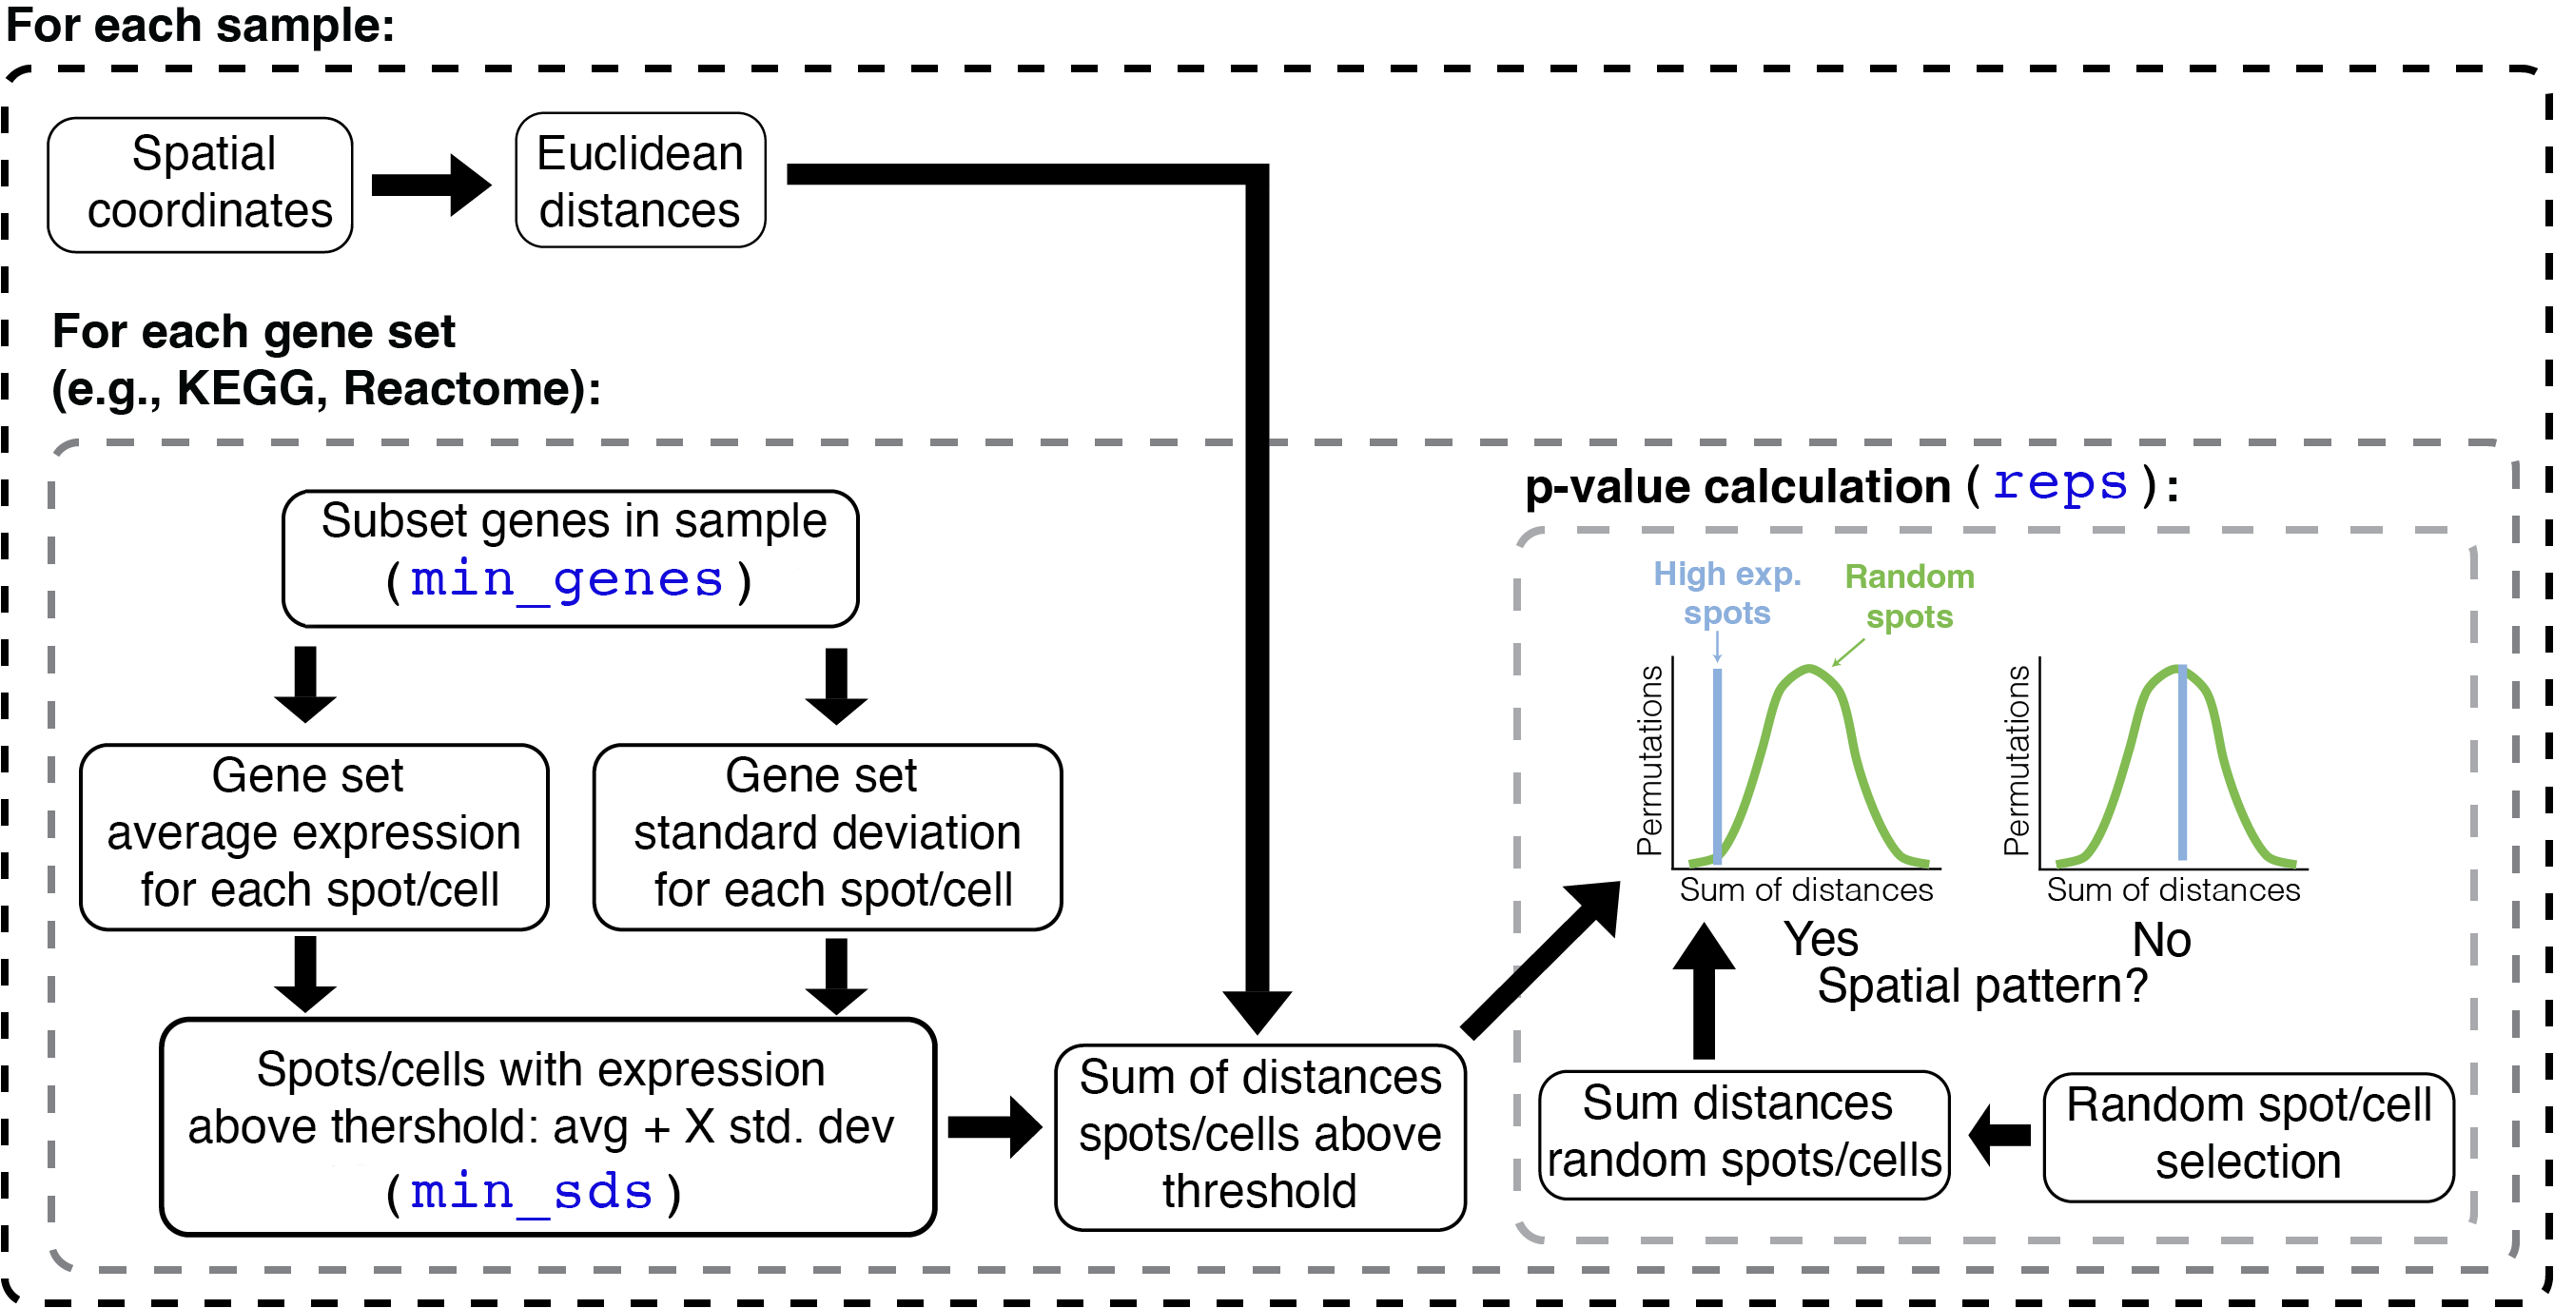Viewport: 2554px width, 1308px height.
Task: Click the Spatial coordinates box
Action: tap(201, 185)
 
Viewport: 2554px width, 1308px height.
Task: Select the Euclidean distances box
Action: tap(640, 181)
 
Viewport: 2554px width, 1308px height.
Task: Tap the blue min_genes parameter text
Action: tap(567, 580)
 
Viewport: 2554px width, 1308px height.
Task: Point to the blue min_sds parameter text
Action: tap(533, 1192)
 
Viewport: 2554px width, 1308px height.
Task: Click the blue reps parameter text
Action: tap(2060, 484)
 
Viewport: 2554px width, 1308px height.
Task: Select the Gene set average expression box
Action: tap(313, 836)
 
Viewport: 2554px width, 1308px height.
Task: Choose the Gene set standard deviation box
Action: tap(827, 836)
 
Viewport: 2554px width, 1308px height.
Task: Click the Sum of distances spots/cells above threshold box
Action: tap(1259, 1137)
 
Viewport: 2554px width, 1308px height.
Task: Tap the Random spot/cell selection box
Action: tap(2248, 1137)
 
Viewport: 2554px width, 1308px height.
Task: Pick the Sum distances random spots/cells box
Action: tap(1744, 1135)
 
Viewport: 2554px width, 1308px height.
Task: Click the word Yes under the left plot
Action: tap(1821, 939)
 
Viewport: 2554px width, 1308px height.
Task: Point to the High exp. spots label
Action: tap(1727, 593)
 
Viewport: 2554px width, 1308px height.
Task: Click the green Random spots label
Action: tap(1909, 596)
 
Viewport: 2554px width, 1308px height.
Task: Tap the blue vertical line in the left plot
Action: tap(1717, 764)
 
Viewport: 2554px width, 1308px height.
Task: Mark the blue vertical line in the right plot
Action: tap(2182, 764)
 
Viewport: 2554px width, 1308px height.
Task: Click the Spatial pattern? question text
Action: tap(1982, 986)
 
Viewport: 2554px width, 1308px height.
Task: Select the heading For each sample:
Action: tap(201, 26)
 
